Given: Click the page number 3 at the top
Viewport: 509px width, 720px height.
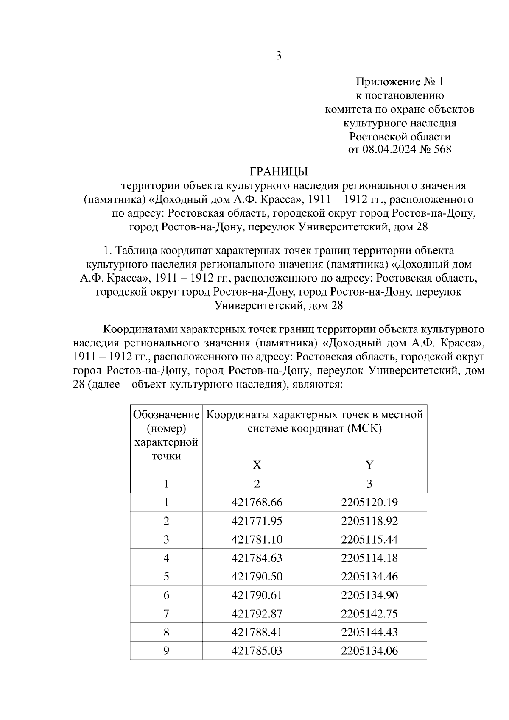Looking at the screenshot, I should tap(278, 56).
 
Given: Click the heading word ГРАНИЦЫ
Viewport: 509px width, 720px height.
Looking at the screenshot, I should tap(278, 171).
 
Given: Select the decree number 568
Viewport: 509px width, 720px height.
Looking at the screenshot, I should tap(442, 149).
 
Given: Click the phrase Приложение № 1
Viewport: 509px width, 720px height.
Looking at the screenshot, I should tap(399, 81).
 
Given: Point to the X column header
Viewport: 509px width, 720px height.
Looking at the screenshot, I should tap(257, 465).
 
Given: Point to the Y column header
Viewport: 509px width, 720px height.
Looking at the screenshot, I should tap(369, 465).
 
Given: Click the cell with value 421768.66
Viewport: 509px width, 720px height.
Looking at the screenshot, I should tap(257, 502).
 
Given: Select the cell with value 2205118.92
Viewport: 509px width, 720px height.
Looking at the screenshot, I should tap(369, 521).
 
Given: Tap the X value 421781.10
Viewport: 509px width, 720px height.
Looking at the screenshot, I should tap(257, 539).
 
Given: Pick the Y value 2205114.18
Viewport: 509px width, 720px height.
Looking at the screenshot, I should tap(369, 558).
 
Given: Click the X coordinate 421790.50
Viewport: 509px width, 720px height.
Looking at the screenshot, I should tap(257, 577).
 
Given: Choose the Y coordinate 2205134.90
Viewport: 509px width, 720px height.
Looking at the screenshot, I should tap(369, 595).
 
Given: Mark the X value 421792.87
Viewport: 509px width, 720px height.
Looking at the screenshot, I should tap(257, 614).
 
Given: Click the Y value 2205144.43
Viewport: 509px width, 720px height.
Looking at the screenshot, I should tap(369, 632).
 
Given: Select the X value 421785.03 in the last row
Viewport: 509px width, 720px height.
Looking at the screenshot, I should tap(257, 651).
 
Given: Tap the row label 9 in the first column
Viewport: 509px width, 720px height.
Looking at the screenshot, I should tap(166, 651).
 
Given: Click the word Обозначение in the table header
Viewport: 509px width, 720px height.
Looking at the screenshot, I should tap(166, 414).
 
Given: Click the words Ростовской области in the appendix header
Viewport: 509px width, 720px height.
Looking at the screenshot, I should tap(399, 137).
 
